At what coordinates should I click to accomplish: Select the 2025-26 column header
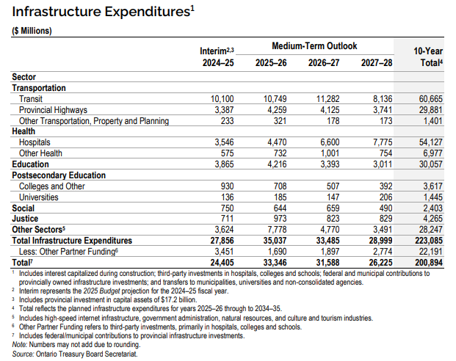270,63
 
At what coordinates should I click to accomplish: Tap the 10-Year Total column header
428,57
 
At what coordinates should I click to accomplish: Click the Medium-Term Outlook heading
314,46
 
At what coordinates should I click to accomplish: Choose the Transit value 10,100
221,98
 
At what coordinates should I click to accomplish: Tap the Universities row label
40,197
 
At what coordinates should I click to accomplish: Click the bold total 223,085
427,240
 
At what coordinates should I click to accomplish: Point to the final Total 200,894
427,262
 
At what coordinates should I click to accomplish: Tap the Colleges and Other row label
52,186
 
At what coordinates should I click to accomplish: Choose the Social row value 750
225,208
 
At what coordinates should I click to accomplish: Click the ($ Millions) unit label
32,31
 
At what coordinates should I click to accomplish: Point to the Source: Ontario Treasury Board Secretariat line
75,354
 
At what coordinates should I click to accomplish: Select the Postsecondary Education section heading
58,176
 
